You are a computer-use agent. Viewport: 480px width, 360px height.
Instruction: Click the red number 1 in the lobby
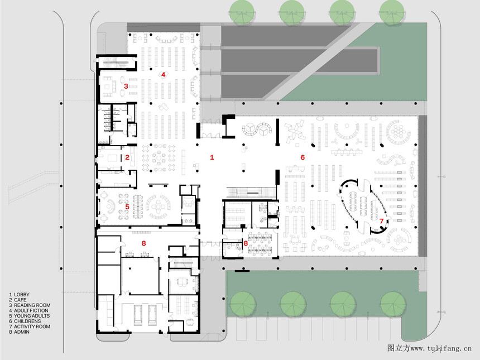point(212,157)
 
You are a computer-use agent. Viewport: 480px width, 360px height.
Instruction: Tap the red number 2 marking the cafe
point(127,157)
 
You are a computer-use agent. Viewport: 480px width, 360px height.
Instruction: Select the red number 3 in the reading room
point(126,87)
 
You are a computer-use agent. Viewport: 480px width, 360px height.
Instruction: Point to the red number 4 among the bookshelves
point(164,74)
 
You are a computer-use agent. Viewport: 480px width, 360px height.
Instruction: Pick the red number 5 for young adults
point(127,207)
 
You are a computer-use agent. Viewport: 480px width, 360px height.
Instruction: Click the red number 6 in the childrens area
point(303,157)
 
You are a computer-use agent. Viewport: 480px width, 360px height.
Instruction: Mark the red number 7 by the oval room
point(381,220)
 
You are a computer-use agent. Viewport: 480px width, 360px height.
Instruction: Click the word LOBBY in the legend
point(22,295)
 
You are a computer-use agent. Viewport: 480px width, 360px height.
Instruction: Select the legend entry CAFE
point(20,300)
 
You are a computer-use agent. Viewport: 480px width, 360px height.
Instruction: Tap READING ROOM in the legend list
point(32,305)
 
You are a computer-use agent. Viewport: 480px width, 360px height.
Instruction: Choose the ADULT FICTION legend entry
point(31,310)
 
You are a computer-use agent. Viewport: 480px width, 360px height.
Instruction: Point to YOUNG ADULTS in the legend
point(32,316)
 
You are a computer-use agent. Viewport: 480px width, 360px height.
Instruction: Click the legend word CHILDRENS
point(27,321)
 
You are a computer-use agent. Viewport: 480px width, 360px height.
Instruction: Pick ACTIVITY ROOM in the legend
point(32,327)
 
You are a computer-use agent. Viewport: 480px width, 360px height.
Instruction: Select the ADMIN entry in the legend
point(22,332)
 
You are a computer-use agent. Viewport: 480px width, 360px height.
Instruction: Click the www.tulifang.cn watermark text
point(441,348)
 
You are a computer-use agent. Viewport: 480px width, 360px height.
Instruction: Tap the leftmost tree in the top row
point(242,12)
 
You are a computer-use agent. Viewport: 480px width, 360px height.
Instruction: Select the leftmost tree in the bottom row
point(243,304)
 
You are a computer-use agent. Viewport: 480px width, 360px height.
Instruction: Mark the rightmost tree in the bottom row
point(393,304)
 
